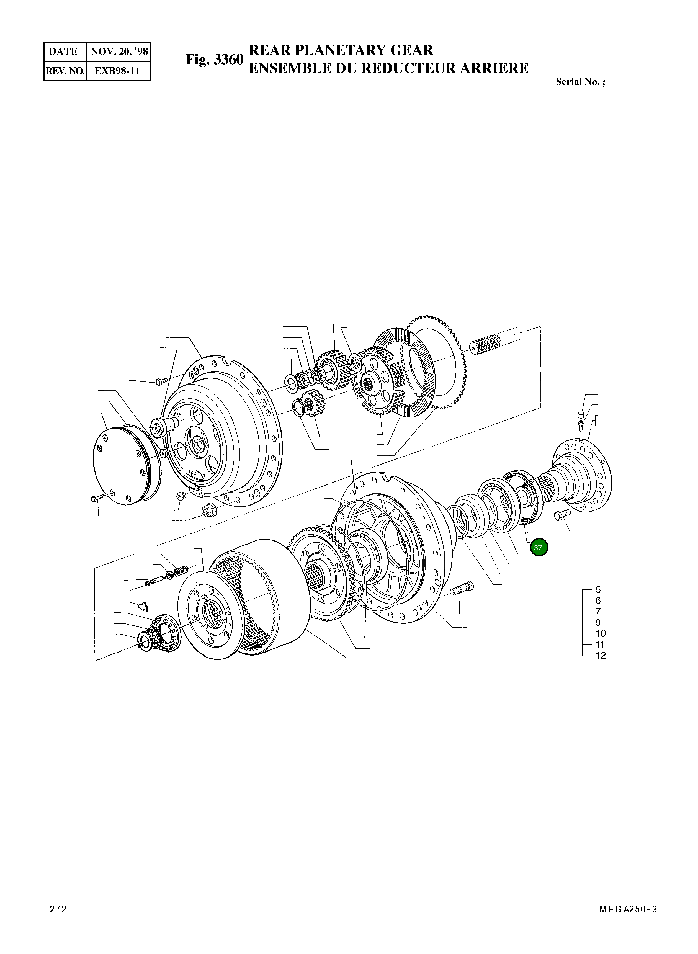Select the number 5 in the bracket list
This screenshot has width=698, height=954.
(598, 589)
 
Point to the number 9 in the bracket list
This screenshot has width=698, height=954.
(598, 622)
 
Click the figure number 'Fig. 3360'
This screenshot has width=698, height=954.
(215, 60)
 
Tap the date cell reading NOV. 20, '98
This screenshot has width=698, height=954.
(119, 51)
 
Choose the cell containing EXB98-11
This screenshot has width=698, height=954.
(117, 71)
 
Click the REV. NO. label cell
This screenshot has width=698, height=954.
(65, 71)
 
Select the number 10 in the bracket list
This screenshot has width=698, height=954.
(600, 633)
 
